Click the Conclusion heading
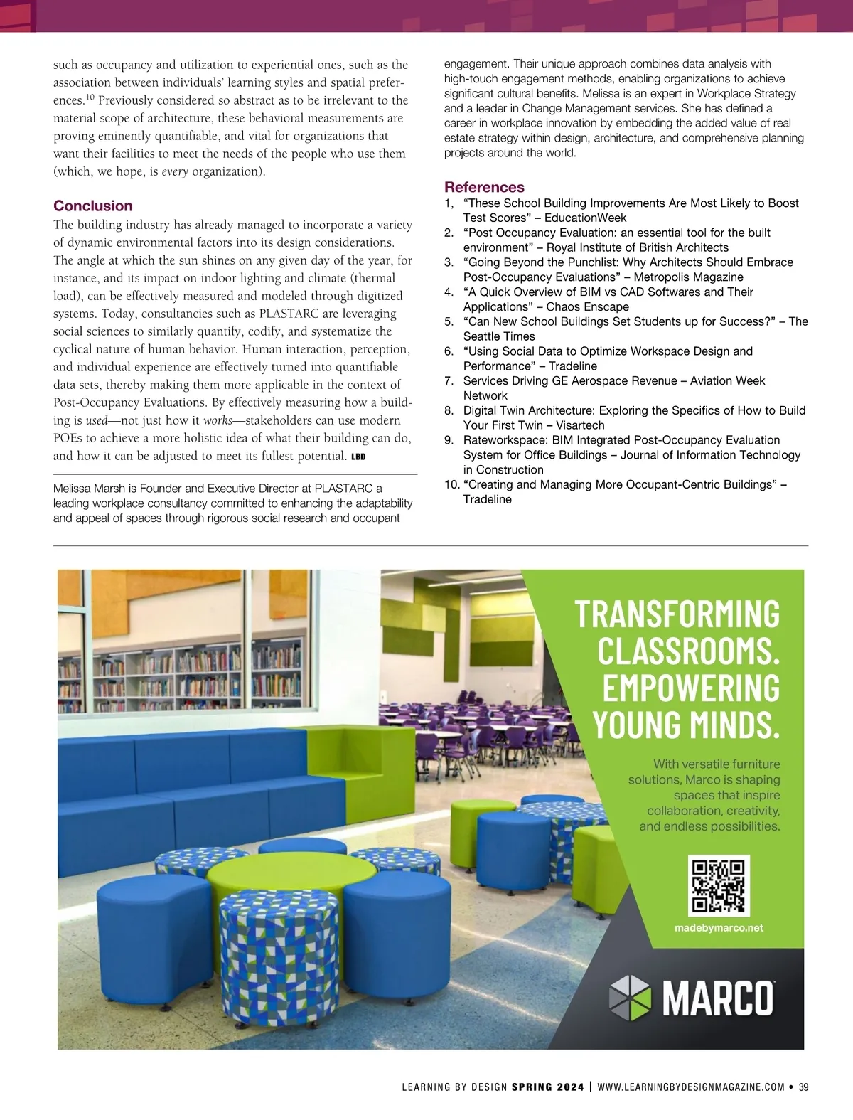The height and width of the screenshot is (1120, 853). (93, 206)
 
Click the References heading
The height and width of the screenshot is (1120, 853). (484, 188)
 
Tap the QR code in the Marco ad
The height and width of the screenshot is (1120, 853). (719, 885)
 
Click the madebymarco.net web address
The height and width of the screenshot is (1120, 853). (718, 928)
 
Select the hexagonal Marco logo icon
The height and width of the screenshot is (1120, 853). (631, 998)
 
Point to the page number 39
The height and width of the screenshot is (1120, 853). (804, 1087)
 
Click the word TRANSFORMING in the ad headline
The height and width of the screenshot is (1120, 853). (677, 614)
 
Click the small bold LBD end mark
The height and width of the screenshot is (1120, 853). (358, 457)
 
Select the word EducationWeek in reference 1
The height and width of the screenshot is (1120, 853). (585, 218)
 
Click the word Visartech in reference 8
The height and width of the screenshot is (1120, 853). (580, 425)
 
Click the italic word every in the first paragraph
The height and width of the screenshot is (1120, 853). (175, 171)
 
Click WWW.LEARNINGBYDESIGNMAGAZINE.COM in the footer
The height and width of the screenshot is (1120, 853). (691, 1087)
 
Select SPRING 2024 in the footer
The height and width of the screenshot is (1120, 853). (547, 1087)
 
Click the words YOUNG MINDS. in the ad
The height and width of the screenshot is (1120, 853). (686, 724)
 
